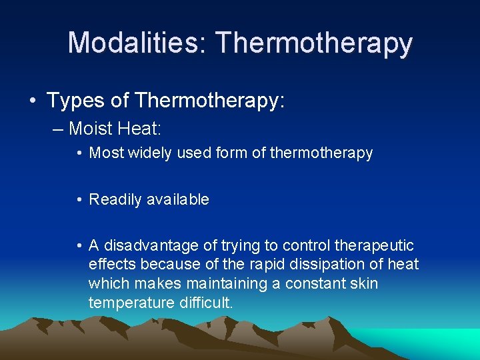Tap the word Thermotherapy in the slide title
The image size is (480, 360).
click(x=314, y=44)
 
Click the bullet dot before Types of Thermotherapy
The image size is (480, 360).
click(x=32, y=101)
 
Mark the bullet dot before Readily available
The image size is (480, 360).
click(x=79, y=200)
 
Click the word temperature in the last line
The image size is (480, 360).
click(x=131, y=303)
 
